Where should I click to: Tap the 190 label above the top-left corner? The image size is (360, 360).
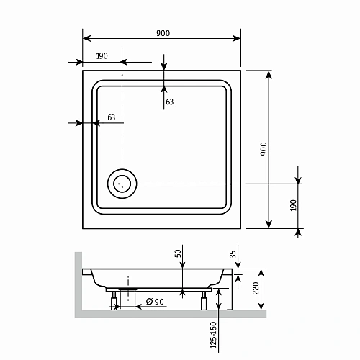[x=102, y=55]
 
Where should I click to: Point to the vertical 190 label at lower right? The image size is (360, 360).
[x=292, y=207]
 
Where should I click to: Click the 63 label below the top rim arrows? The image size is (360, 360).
[x=170, y=102]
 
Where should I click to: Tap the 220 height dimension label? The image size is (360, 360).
[x=255, y=290]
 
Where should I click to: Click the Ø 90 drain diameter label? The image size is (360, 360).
[x=156, y=300]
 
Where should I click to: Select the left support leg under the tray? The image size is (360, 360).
[x=114, y=301]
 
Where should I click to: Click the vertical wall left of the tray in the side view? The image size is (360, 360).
[x=77, y=284]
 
